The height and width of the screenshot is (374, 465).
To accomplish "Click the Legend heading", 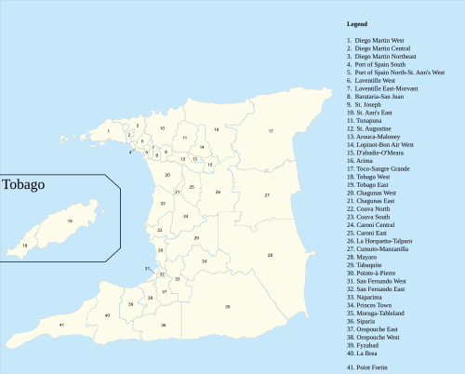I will click(x=356, y=23).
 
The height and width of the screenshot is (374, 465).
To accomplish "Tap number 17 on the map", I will click(x=271, y=131).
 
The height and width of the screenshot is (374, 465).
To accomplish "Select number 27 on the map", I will click(x=267, y=195).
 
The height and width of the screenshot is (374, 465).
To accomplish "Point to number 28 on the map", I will click(x=270, y=255).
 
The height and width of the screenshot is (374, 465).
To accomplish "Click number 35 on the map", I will click(x=227, y=306).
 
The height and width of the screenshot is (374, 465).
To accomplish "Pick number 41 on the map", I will click(x=61, y=325).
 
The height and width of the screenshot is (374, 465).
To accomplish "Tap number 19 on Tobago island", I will click(x=70, y=220).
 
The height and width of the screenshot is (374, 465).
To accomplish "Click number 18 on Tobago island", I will click(x=25, y=245).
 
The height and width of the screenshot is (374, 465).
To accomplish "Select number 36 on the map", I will click(x=163, y=325).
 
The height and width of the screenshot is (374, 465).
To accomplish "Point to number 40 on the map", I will click(x=108, y=315).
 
